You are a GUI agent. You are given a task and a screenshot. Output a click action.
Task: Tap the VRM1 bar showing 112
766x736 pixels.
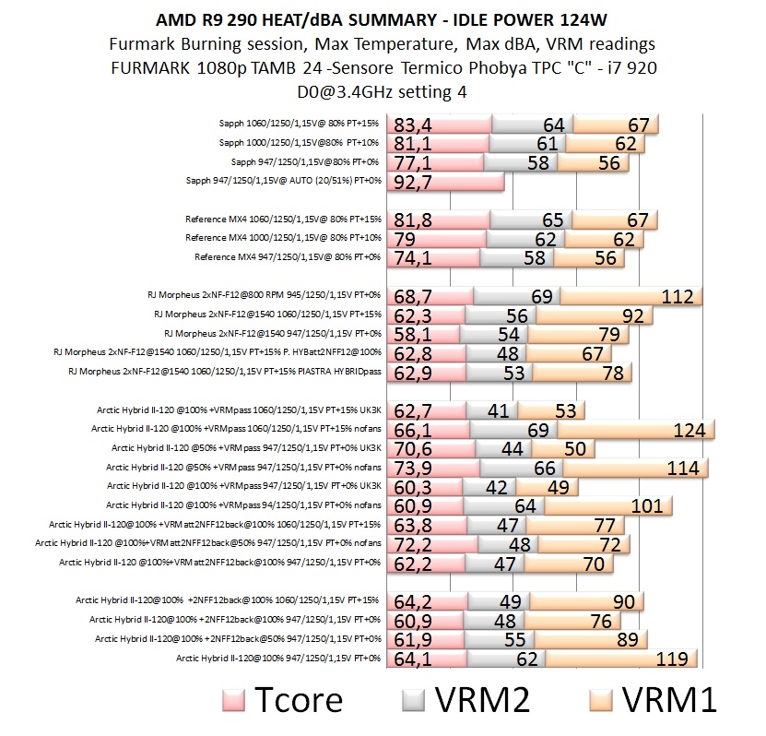[x=630, y=297]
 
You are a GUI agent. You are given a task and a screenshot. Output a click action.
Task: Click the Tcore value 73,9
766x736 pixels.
[x=413, y=468]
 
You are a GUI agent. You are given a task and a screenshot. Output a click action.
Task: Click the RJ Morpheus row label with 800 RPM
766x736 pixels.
[x=264, y=295]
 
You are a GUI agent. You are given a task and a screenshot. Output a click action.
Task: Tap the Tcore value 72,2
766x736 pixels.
[x=413, y=544]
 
